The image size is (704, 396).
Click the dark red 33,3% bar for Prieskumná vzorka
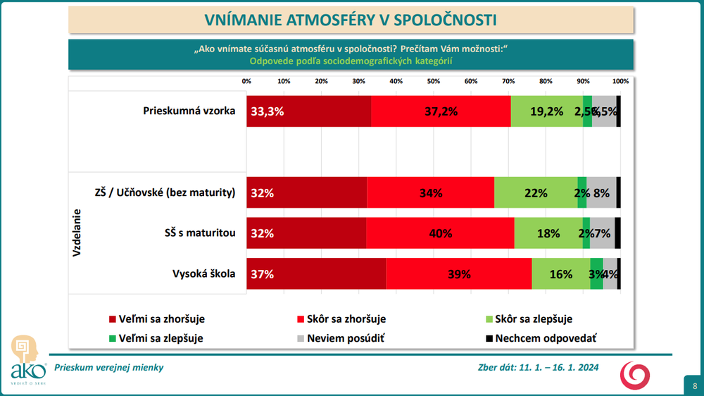pyautogui.click(x=308, y=111)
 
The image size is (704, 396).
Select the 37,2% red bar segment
pyautogui.click(x=441, y=111)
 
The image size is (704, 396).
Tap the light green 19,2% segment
pyautogui.click(x=546, y=111)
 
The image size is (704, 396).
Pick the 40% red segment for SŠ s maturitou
pyautogui.click(x=440, y=233)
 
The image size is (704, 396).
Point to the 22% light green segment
pyautogui.click(x=536, y=193)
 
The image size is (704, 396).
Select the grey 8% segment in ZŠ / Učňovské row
pyautogui.click(x=601, y=193)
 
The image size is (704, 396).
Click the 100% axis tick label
pyautogui.click(x=620, y=82)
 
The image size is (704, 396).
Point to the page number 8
pyautogui.click(x=695, y=385)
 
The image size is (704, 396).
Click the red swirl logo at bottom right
pyautogui.click(x=635, y=374)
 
